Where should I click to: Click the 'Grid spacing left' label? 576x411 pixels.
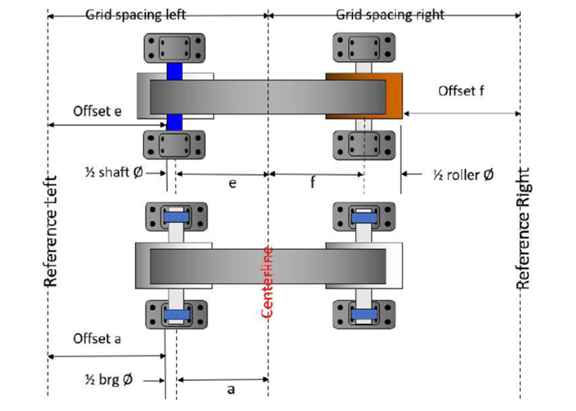tap(136, 15)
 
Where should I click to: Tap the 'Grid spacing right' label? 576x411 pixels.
tap(390, 15)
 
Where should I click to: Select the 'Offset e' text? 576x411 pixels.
tap(97, 111)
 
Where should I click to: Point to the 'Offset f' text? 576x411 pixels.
tap(461, 90)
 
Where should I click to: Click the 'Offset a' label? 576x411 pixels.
tap(97, 339)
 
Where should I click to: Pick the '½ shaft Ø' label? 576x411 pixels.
tap(114, 172)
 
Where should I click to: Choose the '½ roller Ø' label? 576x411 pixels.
tap(463, 175)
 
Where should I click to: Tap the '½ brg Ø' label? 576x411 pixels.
tap(109, 380)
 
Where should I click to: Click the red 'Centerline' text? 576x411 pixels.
tap(267, 282)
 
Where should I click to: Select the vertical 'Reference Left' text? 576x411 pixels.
tap(50, 230)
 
